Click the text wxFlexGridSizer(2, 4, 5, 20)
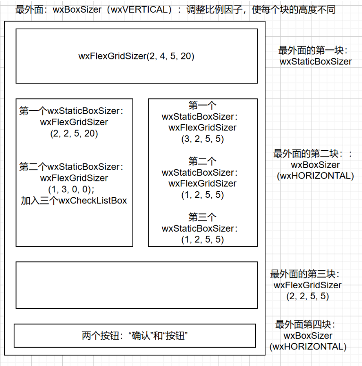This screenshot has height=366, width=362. (x=136, y=56)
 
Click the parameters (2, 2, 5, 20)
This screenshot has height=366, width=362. (x=74, y=133)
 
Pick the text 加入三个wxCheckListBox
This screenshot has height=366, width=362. (x=74, y=201)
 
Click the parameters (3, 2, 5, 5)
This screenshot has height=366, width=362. (x=202, y=139)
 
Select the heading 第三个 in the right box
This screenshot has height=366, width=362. (x=202, y=217)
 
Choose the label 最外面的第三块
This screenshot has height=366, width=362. (x=305, y=274)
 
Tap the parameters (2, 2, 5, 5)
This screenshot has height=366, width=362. (x=307, y=296)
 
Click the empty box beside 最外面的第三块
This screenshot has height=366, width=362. (x=136, y=285)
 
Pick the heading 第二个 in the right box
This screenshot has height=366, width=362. (x=202, y=161)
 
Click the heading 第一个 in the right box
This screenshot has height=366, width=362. (x=202, y=105)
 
